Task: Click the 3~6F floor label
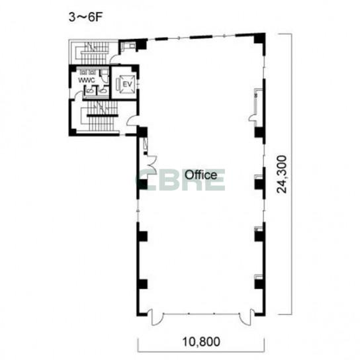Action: click(85, 17)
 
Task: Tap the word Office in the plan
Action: click(201, 175)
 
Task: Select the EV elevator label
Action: click(128, 84)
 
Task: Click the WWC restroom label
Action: click(87, 80)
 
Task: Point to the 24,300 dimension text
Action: click(282, 174)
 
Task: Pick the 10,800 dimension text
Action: click(201, 341)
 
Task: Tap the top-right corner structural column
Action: click(259, 38)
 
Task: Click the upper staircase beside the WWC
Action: click(95, 53)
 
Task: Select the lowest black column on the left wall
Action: click(142, 283)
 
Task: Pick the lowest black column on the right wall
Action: click(259, 283)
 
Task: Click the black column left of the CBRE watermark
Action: click(142, 184)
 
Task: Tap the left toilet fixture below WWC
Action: click(90, 91)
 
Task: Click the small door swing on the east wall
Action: click(252, 118)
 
